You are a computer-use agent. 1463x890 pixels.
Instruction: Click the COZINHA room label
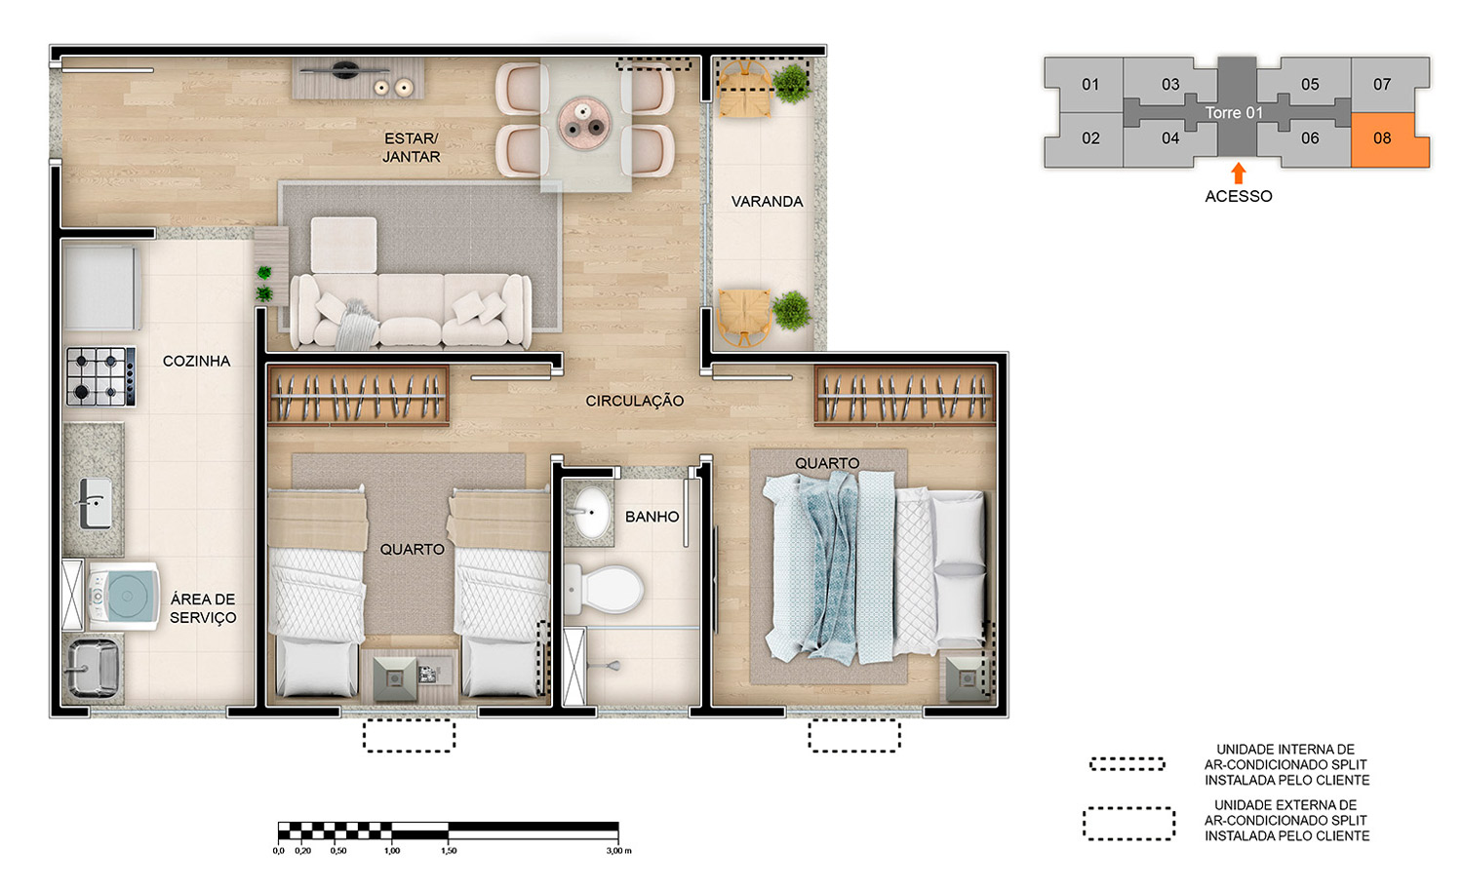[196, 361]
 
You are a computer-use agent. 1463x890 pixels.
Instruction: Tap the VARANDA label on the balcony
[767, 201]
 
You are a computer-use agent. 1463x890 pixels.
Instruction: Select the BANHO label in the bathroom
[652, 517]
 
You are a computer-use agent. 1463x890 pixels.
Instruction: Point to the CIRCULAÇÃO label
[634, 401]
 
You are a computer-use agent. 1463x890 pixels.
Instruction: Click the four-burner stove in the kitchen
[100, 377]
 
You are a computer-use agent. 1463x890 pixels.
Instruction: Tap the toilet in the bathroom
[604, 590]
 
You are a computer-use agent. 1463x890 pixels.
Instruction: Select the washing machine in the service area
[123, 596]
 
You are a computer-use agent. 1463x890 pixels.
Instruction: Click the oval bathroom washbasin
[592, 513]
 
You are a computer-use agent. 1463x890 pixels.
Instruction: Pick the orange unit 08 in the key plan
[1389, 139]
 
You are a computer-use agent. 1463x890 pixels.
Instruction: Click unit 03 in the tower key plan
[1169, 84]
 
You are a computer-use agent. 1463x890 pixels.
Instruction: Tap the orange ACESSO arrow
[1238, 174]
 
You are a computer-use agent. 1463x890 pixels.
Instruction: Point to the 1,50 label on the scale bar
[449, 851]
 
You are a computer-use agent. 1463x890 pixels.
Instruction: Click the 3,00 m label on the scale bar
[618, 851]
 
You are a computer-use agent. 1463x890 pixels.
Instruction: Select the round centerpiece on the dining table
[584, 123]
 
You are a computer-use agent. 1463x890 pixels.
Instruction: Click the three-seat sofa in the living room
[411, 310]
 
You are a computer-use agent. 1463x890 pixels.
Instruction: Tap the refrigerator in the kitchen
[101, 288]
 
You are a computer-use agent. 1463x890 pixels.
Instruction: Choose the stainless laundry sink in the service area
[93, 668]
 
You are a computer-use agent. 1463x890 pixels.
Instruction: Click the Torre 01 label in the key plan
[1234, 113]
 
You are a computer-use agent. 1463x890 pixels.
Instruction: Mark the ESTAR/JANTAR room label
[411, 147]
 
